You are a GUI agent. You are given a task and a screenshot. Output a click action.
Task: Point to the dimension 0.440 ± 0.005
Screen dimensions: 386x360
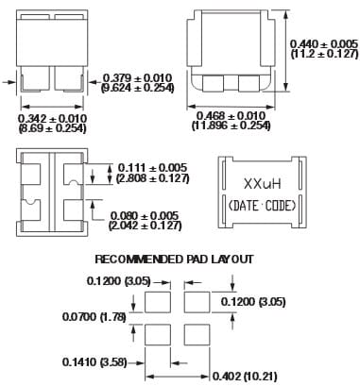pyautogui.click(x=323, y=43)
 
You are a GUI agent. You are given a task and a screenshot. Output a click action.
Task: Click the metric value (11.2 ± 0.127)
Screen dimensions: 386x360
pyautogui.click(x=323, y=55)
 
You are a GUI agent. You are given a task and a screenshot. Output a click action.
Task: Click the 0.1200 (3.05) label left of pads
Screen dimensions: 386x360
pyautogui.click(x=113, y=281)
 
